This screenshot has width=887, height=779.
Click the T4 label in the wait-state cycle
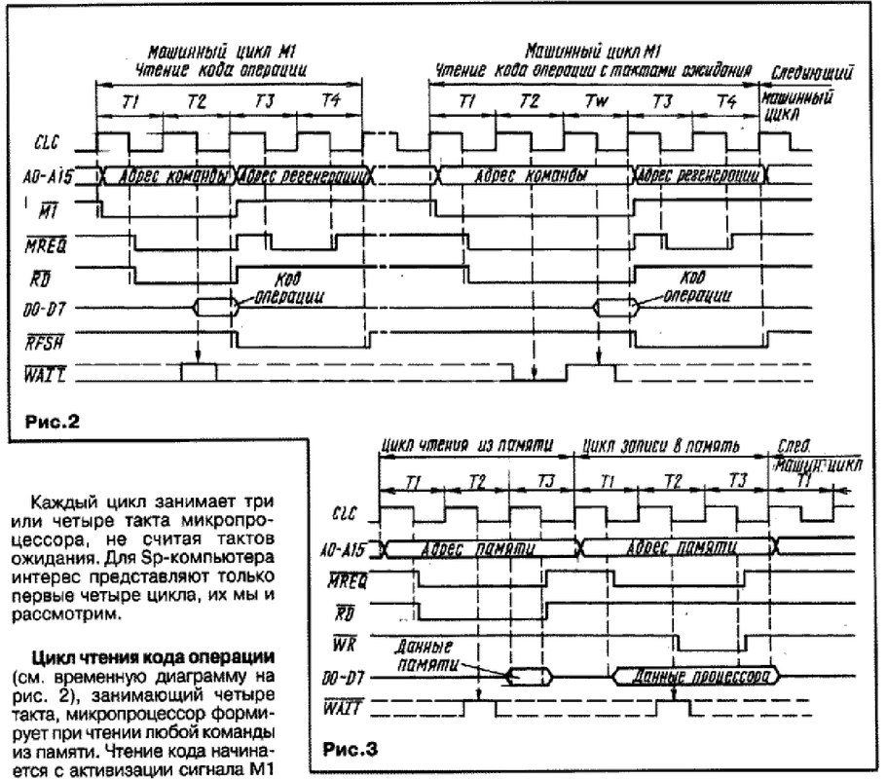point(725,102)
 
